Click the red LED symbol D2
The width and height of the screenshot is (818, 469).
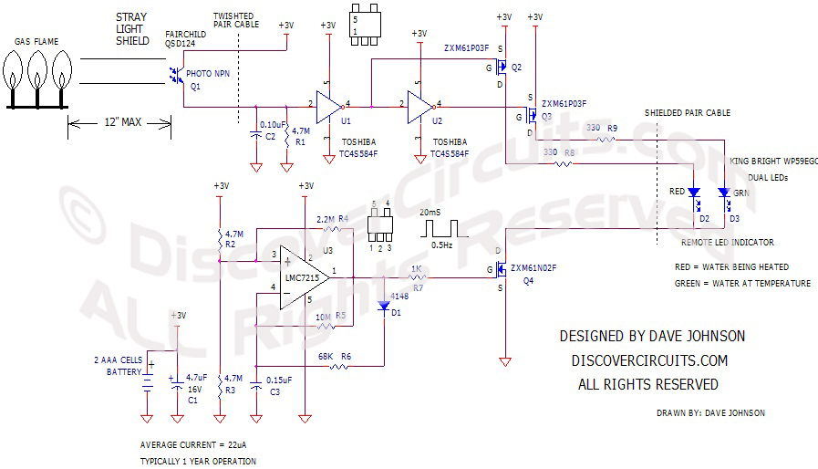click(694, 193)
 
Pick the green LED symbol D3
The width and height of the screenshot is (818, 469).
click(723, 193)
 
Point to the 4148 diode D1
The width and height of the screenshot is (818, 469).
click(384, 305)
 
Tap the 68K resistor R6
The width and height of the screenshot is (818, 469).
click(338, 366)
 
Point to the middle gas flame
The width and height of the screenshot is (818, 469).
click(38, 71)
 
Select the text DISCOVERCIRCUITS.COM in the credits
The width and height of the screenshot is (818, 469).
click(648, 360)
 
